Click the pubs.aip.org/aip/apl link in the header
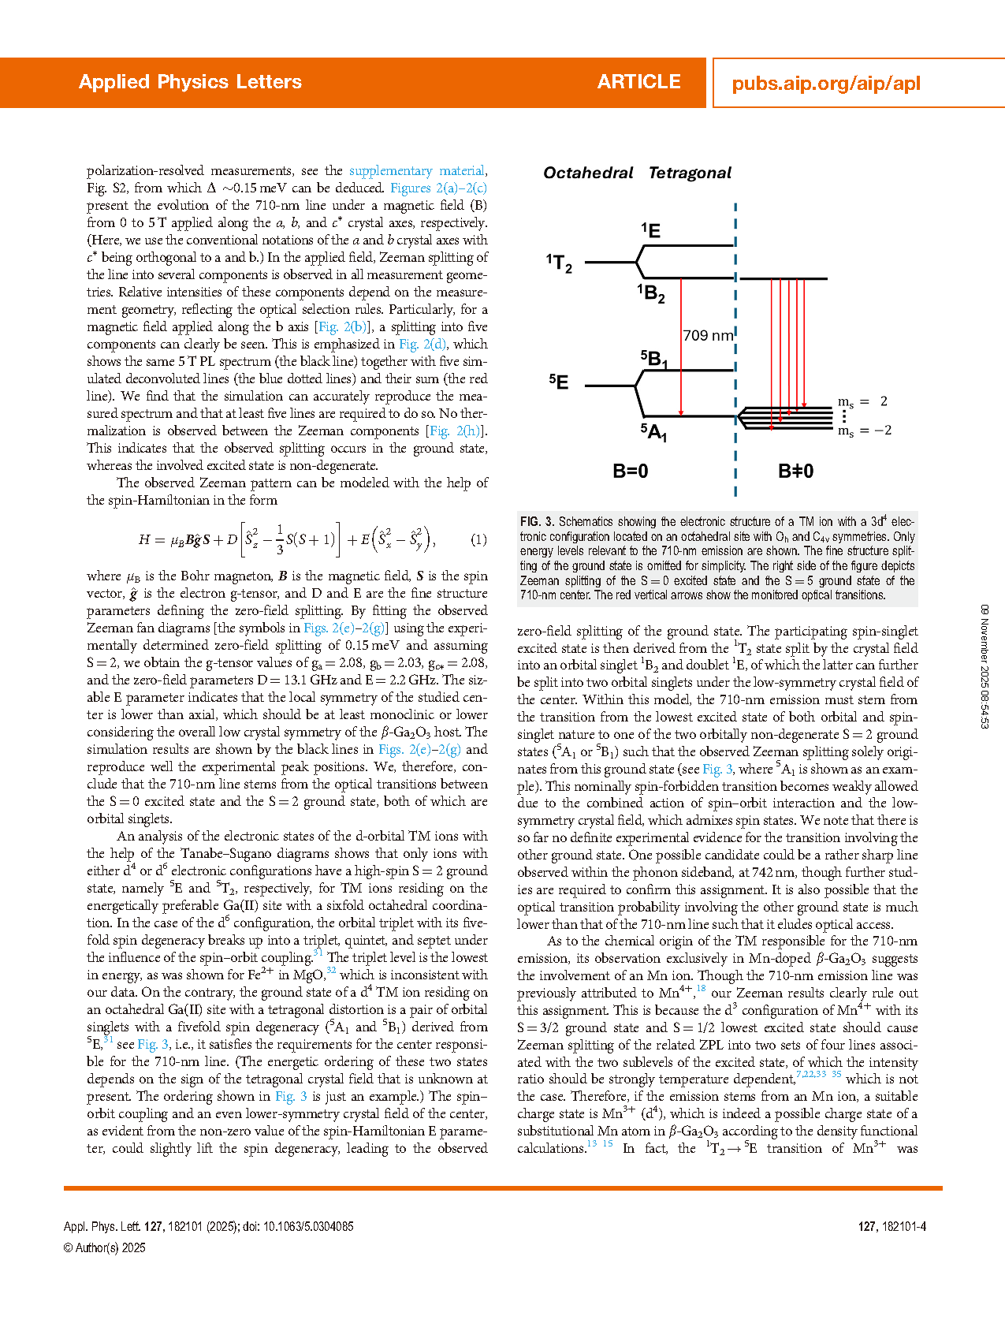826,84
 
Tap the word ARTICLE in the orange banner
638,82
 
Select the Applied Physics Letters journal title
190,82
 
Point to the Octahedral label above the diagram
588,173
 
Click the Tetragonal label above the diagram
690,173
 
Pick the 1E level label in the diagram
650,230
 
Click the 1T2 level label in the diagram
559,263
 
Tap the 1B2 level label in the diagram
651,293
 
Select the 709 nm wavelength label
708,335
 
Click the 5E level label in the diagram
559,382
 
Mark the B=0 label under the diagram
631,472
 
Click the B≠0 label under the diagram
795,472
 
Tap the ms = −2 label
865,431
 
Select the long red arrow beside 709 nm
681,347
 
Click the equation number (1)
478,540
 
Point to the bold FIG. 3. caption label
537,522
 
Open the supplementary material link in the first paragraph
417,171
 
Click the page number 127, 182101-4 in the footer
891,1227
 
